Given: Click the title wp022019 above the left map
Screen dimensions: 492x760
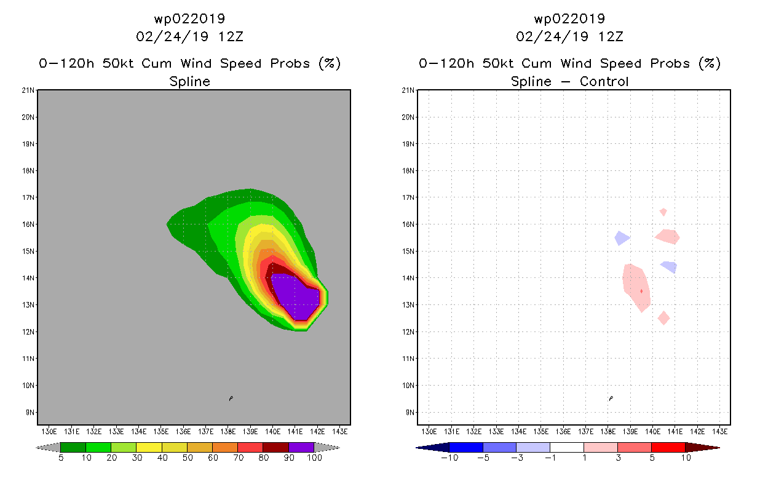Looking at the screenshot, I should pyautogui.click(x=189, y=18).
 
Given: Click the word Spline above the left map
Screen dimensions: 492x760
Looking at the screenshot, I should pyautogui.click(x=189, y=81).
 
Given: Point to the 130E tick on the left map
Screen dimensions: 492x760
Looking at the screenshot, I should pyautogui.click(x=49, y=430).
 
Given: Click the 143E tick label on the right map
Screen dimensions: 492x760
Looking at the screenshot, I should pyautogui.click(x=719, y=430).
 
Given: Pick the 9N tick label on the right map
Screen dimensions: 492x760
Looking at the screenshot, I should pyautogui.click(x=410, y=412).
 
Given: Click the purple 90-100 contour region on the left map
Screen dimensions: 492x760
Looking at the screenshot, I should pyautogui.click(x=295, y=295).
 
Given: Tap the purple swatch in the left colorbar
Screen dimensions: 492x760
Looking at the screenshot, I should pyautogui.click(x=301, y=447).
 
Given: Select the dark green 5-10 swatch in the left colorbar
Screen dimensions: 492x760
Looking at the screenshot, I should pyautogui.click(x=73, y=447).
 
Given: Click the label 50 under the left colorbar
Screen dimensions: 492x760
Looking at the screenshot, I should pyautogui.click(x=187, y=458).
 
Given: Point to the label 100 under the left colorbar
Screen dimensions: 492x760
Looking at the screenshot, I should pyautogui.click(x=314, y=458).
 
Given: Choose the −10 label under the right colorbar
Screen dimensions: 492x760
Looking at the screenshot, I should pyautogui.click(x=449, y=458).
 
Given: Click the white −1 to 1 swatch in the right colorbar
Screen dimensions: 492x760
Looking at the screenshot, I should pyautogui.click(x=566, y=447).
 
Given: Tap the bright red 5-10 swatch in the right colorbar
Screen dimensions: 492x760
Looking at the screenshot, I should pyautogui.click(x=668, y=447).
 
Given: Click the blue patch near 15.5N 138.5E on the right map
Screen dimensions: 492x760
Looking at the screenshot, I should pyautogui.click(x=622, y=238).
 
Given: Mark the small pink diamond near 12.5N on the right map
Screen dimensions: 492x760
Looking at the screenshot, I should pyautogui.click(x=663, y=318).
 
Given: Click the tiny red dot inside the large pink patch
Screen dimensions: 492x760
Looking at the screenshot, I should pyautogui.click(x=641, y=291).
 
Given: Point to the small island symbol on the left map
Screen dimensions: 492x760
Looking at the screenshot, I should pyautogui.click(x=231, y=399).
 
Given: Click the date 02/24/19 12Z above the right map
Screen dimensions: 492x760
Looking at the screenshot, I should pyautogui.click(x=570, y=36).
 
